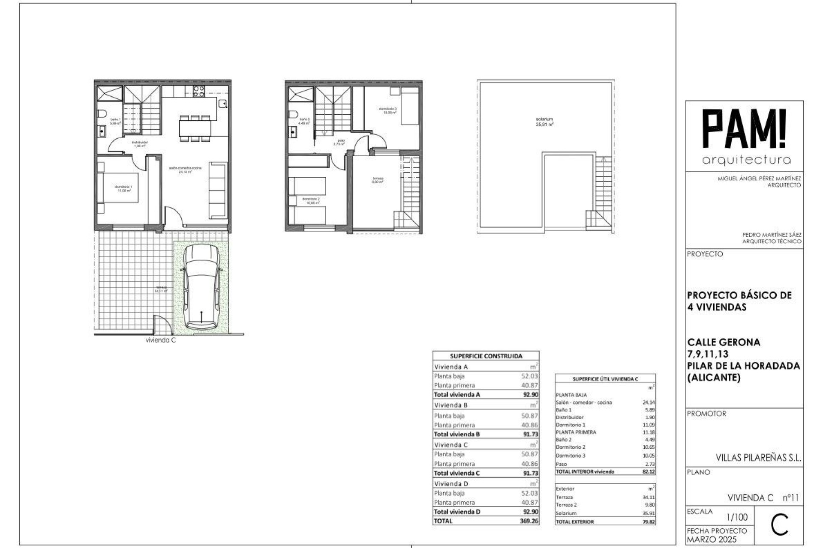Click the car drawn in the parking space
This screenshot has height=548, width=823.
201,287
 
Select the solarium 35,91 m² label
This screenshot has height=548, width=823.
544,122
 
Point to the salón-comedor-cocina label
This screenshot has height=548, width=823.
185,170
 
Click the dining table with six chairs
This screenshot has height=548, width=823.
195,128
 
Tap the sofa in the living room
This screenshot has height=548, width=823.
218,189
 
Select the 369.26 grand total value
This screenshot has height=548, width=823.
530,521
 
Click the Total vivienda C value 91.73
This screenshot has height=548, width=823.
530,473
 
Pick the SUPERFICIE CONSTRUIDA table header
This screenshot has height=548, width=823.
486,356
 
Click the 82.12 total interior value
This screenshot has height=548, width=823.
648,471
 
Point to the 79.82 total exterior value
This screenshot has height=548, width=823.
648,522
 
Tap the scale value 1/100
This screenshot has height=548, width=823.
737,517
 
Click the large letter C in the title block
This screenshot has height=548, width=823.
779,526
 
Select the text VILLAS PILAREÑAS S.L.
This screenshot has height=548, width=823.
758,458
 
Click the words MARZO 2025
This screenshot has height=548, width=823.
707,539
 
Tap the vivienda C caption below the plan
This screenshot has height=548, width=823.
161,340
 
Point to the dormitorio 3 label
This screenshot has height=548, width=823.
387,110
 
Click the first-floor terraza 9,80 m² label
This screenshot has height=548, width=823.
378,180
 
